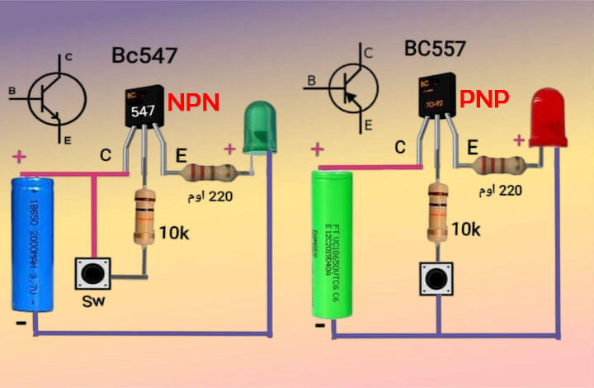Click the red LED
(548, 121)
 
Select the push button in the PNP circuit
(437, 279)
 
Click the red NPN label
(193, 103)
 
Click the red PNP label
(484, 99)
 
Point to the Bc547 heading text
(144, 57)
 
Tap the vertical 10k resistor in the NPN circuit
(144, 216)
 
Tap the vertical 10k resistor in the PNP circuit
(437, 210)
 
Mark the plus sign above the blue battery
(19, 156)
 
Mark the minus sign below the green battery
(320, 326)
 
